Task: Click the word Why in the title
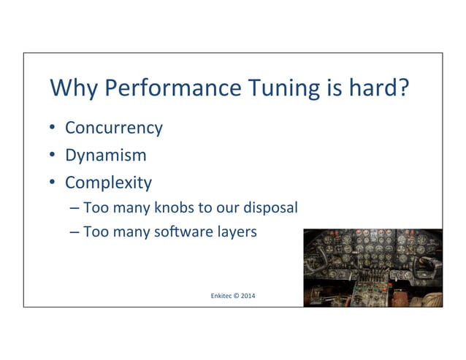[x=73, y=91]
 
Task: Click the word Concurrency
[x=113, y=129]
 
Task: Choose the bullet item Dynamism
[x=105, y=156]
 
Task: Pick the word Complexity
[x=108, y=183]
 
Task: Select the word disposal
[x=271, y=208]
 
